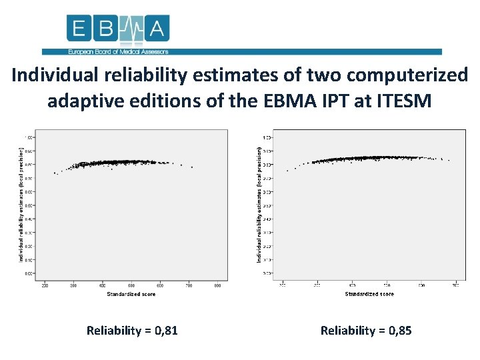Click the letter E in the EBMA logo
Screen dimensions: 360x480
click(79, 29)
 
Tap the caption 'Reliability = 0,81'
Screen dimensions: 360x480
click(132, 330)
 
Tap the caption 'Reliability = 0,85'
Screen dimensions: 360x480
click(366, 330)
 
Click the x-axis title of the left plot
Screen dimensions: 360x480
click(131, 294)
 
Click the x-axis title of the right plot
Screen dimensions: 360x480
click(369, 294)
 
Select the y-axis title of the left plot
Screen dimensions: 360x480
click(21, 205)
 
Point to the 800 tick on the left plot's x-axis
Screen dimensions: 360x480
click(218, 286)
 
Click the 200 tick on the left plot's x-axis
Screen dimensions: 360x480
click(45, 286)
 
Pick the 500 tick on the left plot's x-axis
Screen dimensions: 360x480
click(131, 286)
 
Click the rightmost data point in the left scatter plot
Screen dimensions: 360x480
click(192, 167)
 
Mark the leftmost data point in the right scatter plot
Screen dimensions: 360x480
click(287, 171)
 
